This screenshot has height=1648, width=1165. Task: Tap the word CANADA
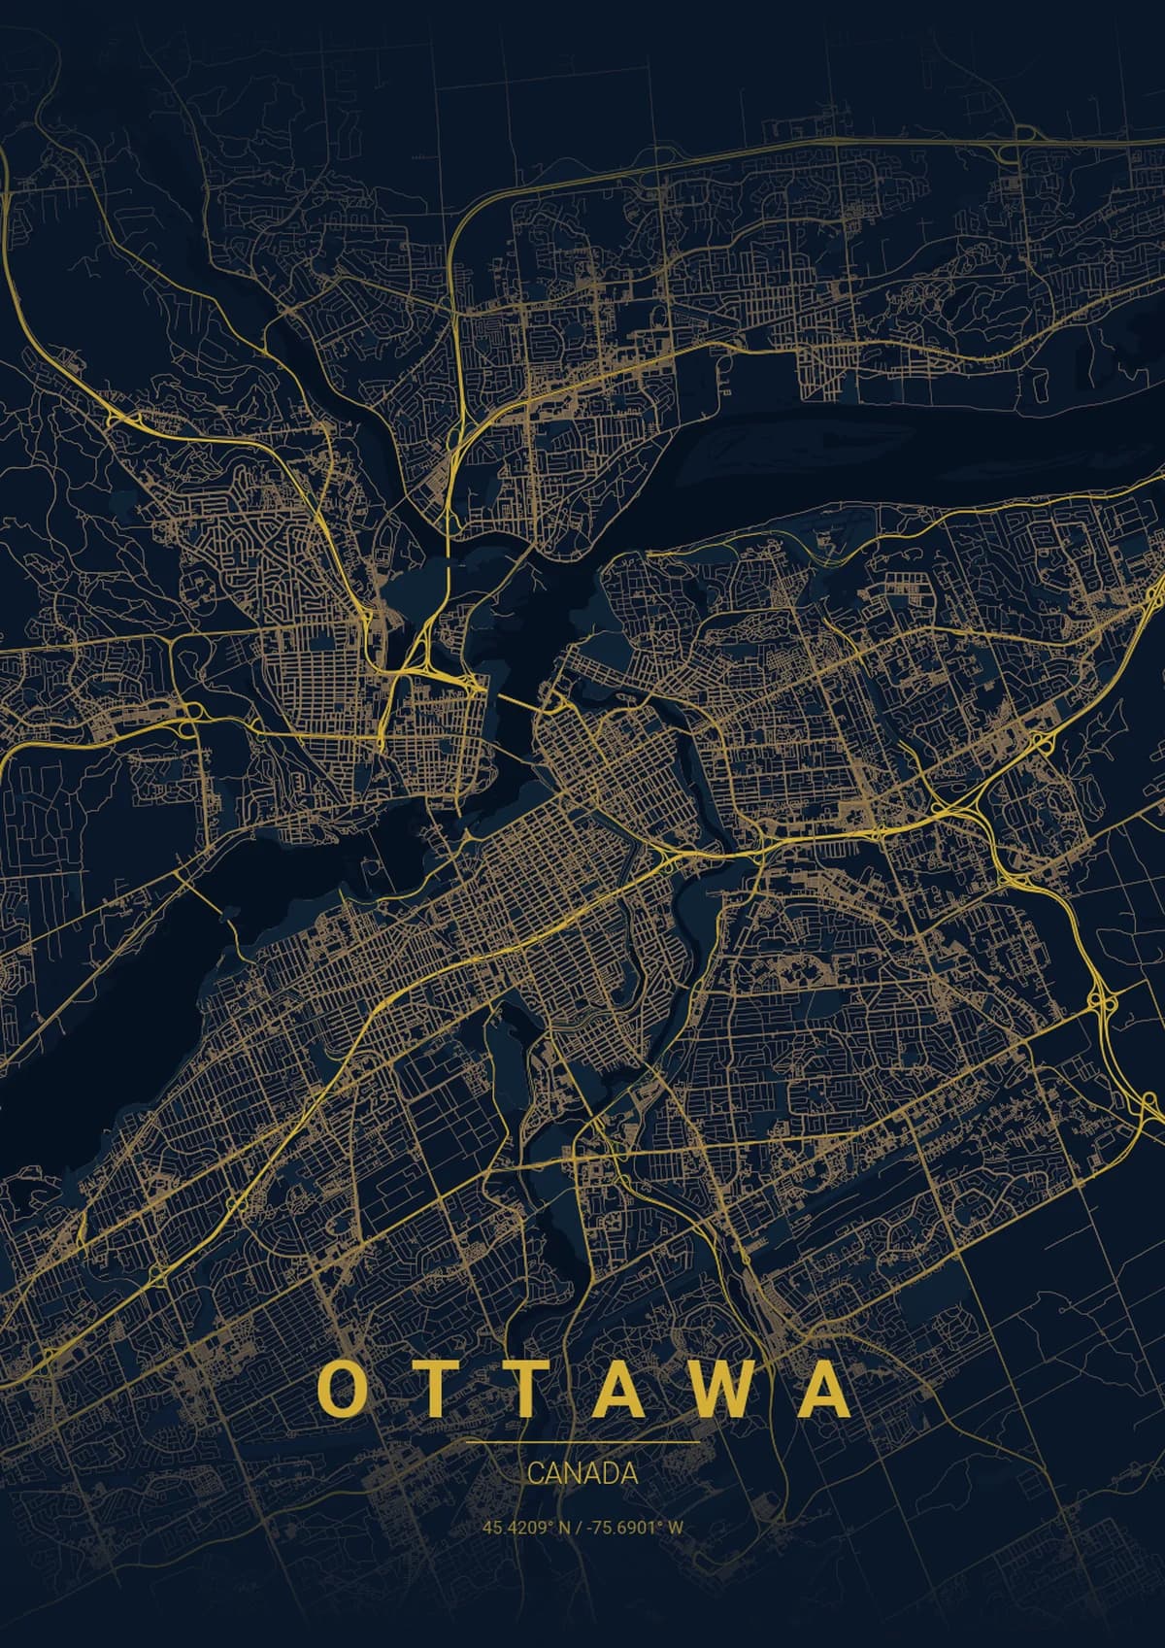pos(582,1473)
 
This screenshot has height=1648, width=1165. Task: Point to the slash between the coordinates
pos(579,1527)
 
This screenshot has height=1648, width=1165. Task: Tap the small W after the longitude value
pos(677,1527)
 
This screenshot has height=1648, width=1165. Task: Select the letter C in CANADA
pos(535,1473)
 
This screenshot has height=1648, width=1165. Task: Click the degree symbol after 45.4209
pos(550,1524)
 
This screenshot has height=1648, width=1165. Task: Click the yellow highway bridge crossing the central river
pos(449,544)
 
